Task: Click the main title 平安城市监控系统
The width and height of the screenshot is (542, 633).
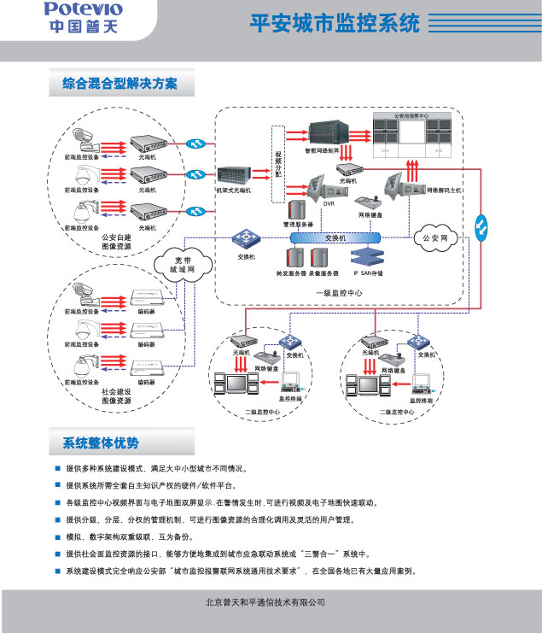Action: (335, 23)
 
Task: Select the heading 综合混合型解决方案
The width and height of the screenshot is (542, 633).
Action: (120, 84)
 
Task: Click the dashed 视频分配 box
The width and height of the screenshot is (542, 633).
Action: (277, 164)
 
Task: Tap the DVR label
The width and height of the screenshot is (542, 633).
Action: (329, 205)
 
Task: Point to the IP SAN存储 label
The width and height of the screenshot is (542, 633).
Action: (369, 273)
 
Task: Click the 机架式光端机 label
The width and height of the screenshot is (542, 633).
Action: (232, 190)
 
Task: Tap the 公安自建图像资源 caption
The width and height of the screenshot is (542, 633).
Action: (116, 242)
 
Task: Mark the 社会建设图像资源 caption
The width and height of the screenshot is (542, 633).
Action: (116, 396)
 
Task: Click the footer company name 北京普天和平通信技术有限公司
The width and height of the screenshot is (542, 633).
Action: (265, 601)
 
